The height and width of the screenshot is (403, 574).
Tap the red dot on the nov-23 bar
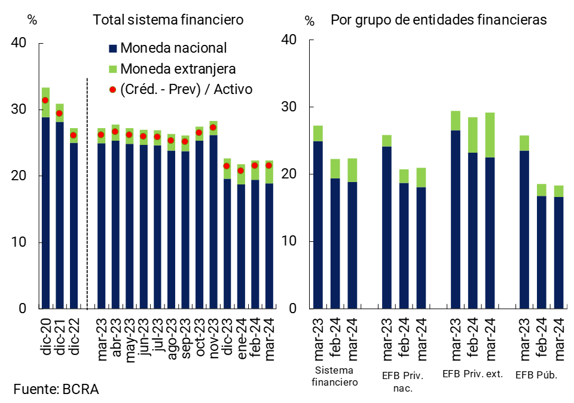click(x=213, y=128)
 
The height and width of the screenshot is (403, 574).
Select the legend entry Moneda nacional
click(x=173, y=48)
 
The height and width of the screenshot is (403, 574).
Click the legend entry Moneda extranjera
click(x=178, y=68)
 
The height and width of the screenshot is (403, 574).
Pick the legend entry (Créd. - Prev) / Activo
click(x=186, y=89)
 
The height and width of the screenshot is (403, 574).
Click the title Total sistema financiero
click(x=168, y=19)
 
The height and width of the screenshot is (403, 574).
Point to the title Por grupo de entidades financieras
click(x=438, y=19)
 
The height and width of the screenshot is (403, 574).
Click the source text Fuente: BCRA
click(x=56, y=389)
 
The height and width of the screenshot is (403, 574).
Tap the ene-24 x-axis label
click(x=241, y=337)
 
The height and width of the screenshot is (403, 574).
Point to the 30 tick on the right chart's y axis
click(x=289, y=107)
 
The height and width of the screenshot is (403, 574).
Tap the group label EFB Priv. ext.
click(x=472, y=374)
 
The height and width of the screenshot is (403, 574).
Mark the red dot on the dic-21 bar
click(x=59, y=113)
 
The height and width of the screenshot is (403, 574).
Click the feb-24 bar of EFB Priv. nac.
click(x=404, y=246)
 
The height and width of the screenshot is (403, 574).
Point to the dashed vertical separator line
click(x=87, y=192)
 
